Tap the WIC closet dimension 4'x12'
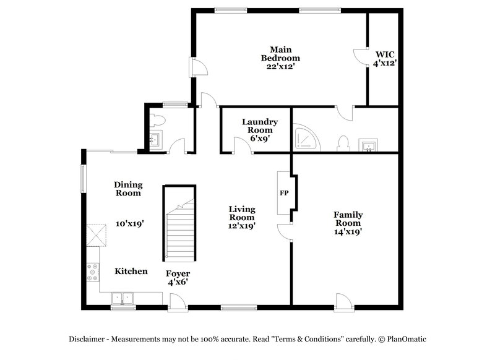pos(384,62)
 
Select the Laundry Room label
pos(259,126)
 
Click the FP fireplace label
pos(285,194)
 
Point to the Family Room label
pos(348,219)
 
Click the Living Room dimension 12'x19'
pos(242,226)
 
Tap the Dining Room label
pos(128,189)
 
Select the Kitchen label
pos(131,271)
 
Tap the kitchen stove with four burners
pos(93,273)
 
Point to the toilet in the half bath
pos(156,121)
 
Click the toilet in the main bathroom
pos(344,144)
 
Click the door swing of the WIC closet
pos(360,56)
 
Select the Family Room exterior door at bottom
pos(343,302)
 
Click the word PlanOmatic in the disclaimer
pos(407,339)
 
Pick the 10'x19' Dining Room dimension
pos(130,223)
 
